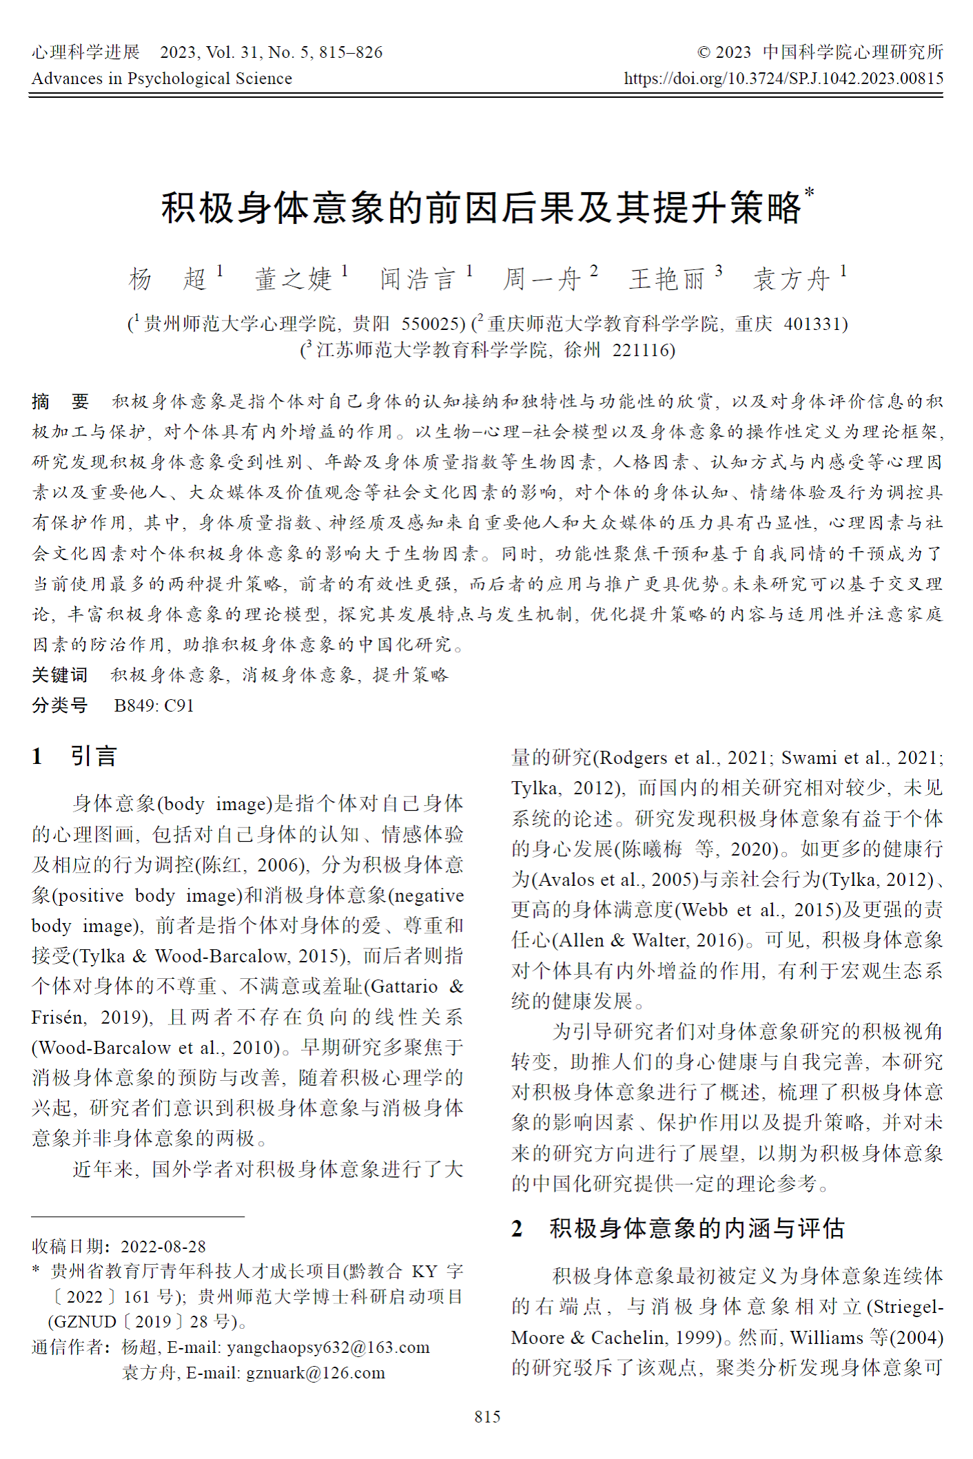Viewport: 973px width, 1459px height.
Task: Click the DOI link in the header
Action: [x=783, y=79]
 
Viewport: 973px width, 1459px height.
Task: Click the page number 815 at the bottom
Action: [x=487, y=1416]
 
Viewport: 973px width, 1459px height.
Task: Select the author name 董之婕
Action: [x=294, y=279]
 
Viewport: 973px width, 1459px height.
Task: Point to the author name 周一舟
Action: [x=542, y=279]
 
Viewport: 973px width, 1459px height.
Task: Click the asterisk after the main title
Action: [x=809, y=194]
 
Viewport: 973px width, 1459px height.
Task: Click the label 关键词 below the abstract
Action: [x=60, y=675]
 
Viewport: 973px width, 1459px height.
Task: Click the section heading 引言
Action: [x=94, y=756]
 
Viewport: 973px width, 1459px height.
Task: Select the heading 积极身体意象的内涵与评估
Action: [x=697, y=1228]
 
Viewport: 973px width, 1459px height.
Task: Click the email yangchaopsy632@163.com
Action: [x=328, y=1347]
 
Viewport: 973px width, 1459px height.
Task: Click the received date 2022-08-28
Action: [x=163, y=1246]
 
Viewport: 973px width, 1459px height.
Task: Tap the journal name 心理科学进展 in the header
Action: [x=85, y=52]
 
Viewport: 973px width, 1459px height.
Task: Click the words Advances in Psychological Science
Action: [x=162, y=79]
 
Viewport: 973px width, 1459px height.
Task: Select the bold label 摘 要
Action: [x=61, y=402]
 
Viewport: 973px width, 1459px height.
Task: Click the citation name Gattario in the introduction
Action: [x=404, y=986]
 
